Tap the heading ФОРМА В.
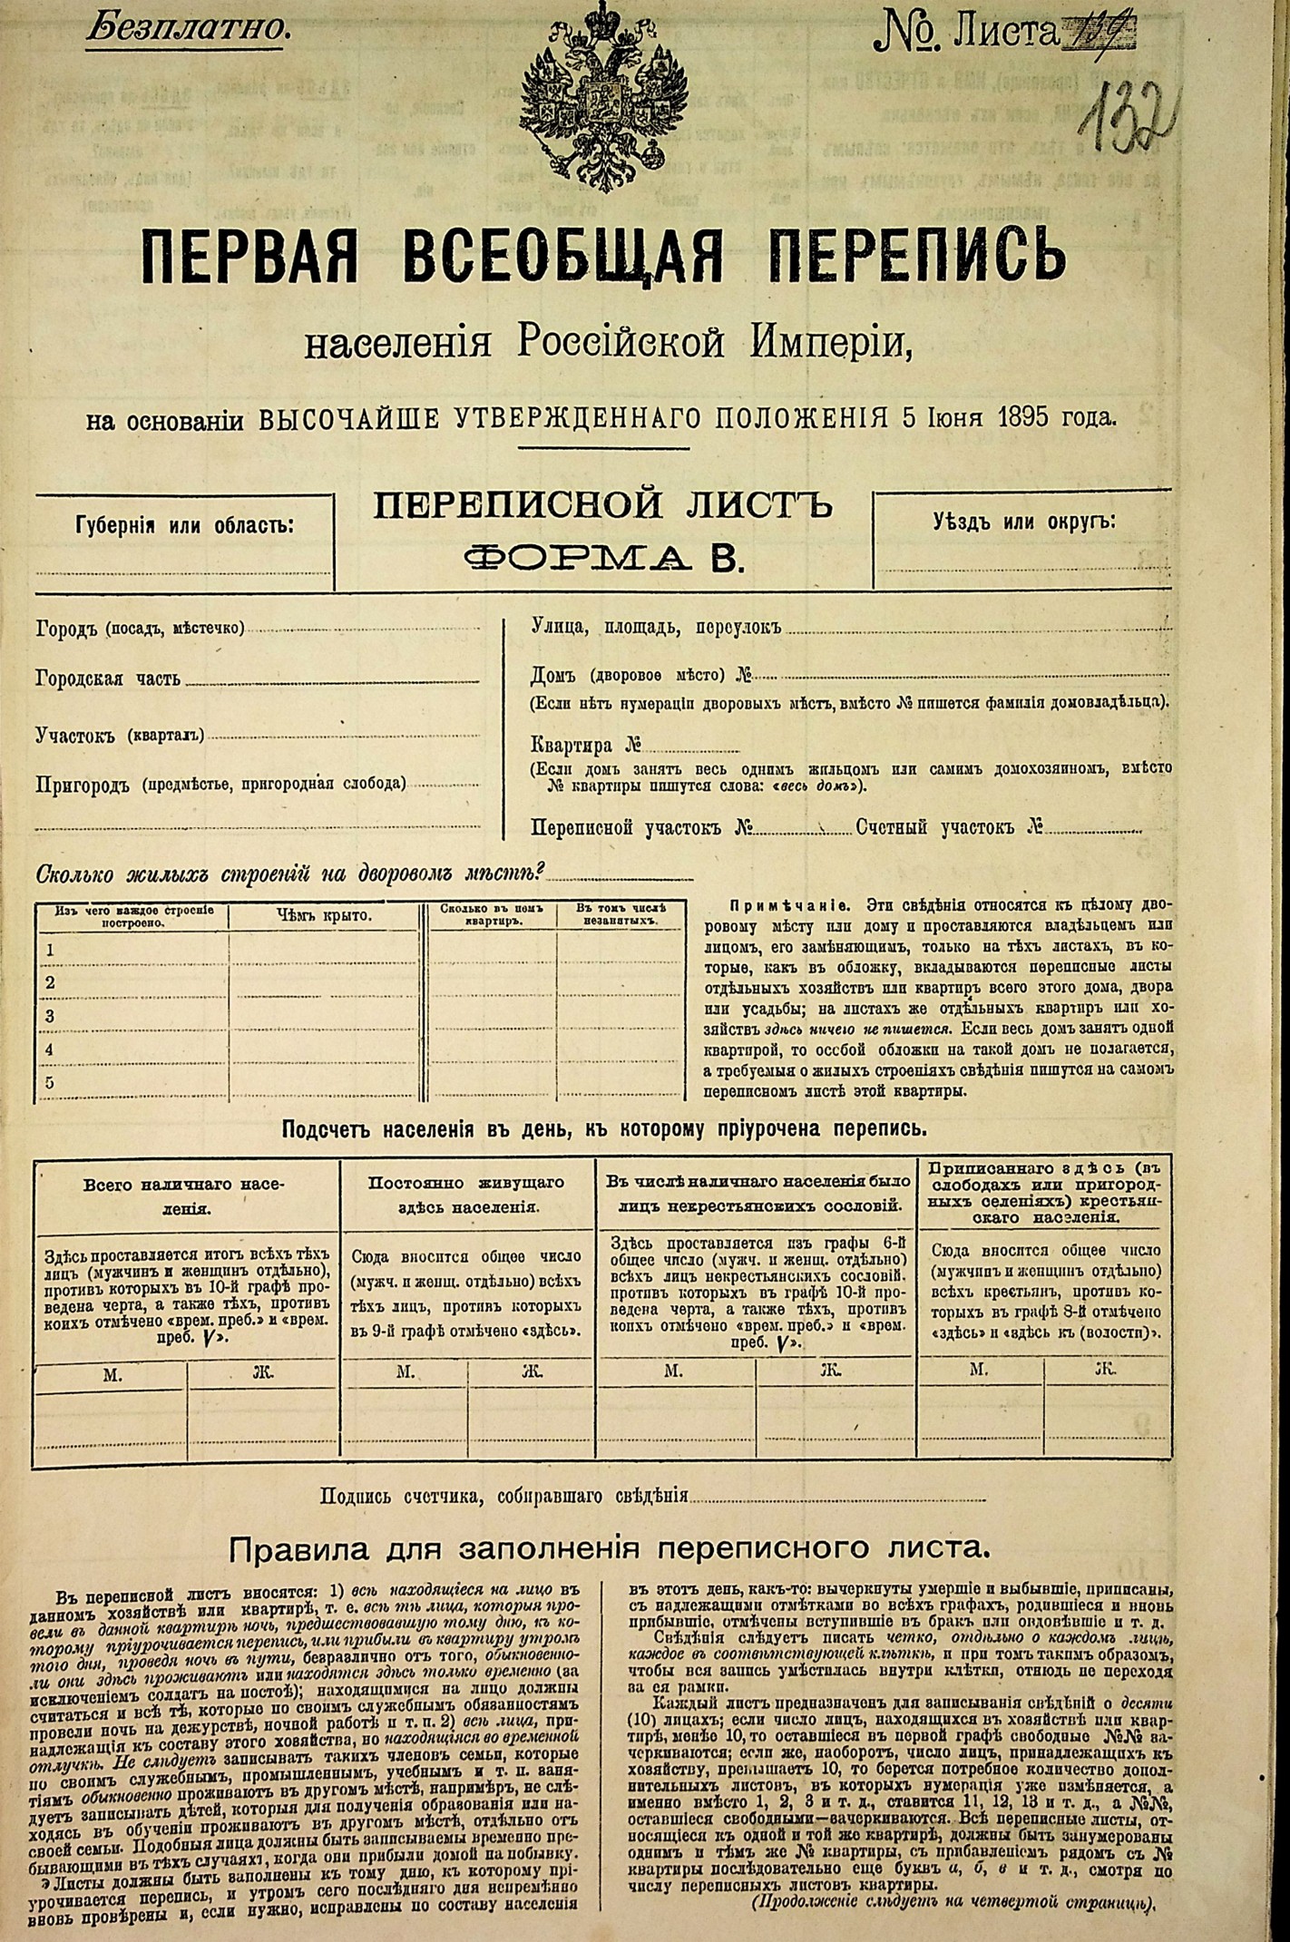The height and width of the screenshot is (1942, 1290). pos(603,559)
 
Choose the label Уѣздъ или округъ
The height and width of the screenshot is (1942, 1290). pos(1024,522)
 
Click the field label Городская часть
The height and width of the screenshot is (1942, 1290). pos(107,678)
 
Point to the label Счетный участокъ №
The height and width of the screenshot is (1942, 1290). pos(948,827)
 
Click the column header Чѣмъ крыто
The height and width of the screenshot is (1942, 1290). pos(324,916)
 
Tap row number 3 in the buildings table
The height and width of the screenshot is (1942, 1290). pos(51,1016)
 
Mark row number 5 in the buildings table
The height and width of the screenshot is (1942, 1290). pos(51,1082)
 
